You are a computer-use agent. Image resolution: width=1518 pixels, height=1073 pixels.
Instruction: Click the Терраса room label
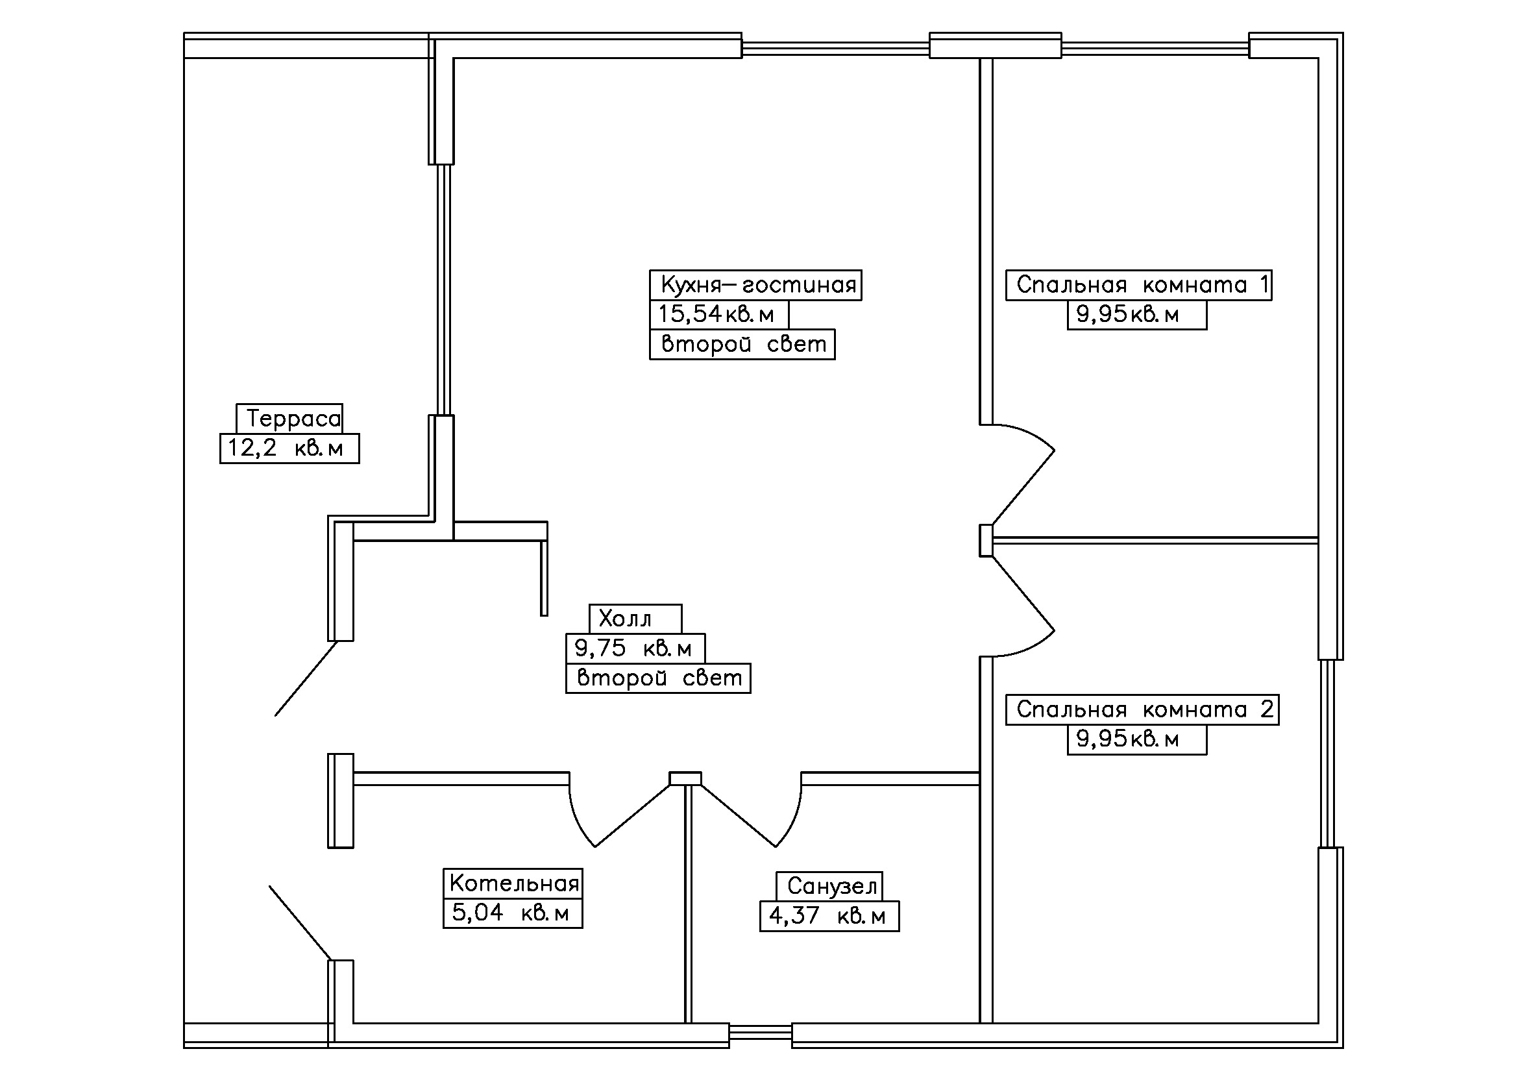coord(289,419)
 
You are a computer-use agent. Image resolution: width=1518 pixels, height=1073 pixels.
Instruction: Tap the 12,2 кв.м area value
coord(289,449)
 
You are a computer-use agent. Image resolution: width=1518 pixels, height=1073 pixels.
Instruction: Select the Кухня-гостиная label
coord(755,285)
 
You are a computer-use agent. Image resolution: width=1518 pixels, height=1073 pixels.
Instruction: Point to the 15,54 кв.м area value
coord(718,314)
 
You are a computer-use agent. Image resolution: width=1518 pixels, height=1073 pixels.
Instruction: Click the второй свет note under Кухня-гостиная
coord(742,344)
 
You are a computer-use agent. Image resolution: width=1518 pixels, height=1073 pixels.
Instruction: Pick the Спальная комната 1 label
coord(1138,285)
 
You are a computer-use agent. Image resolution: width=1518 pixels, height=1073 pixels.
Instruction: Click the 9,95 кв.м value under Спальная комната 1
coord(1136,315)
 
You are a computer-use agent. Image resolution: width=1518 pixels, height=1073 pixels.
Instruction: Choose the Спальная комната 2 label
coord(1142,709)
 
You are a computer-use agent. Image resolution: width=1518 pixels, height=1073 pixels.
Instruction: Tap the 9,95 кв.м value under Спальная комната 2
coord(1136,739)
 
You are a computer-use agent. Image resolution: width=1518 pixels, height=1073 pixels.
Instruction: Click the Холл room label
coord(635,619)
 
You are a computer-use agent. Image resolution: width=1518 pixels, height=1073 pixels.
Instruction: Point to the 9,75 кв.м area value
coord(635,648)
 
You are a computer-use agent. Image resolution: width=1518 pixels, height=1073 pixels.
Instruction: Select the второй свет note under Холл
coord(658,678)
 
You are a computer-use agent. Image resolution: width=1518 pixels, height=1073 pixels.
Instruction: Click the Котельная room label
coord(513,883)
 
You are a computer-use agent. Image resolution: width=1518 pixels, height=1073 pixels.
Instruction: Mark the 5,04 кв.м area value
coord(513,913)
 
